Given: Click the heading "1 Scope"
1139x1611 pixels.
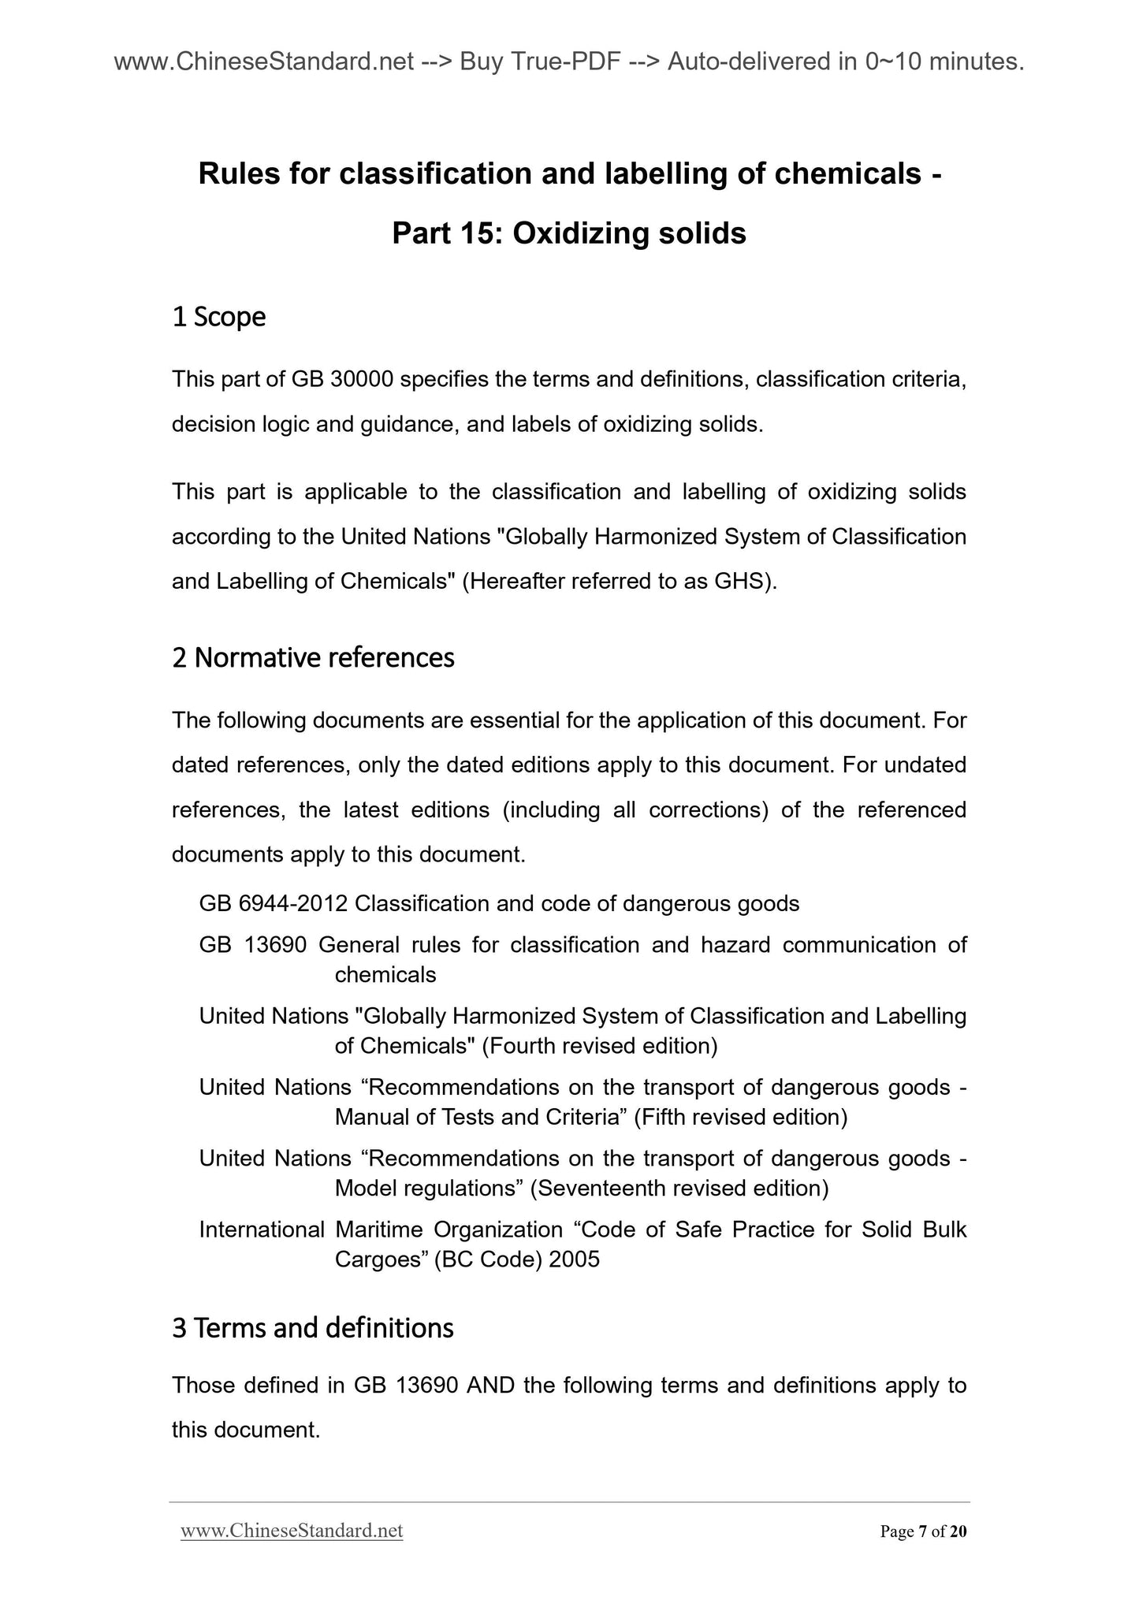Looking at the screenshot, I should pyautogui.click(x=218, y=317).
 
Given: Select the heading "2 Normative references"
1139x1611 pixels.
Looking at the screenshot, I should pyautogui.click(x=313, y=657).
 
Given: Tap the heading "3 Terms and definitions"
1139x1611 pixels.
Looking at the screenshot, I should pyautogui.click(x=312, y=1328).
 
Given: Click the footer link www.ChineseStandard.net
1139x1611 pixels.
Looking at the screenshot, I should pyautogui.click(x=292, y=1531).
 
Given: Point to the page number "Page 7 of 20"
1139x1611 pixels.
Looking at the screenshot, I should pyautogui.click(x=923, y=1531).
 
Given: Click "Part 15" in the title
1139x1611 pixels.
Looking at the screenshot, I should pyautogui.click(x=445, y=233).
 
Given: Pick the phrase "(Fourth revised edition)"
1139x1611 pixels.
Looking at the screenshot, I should pyautogui.click(x=599, y=1046).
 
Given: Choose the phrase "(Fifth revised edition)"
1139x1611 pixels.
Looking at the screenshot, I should pyautogui.click(x=740, y=1117).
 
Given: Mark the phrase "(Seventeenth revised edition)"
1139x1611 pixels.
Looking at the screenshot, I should pyautogui.click(x=679, y=1188).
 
